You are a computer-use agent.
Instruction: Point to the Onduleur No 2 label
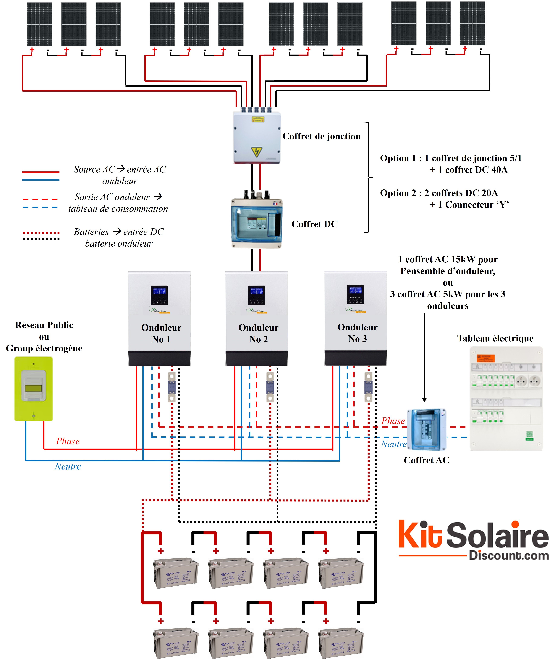(258, 333)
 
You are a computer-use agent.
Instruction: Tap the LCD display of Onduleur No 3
(355, 294)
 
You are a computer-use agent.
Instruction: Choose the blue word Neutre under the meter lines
(68, 466)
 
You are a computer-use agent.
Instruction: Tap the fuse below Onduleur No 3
(368, 387)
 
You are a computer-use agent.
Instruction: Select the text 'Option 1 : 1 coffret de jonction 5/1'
(451, 158)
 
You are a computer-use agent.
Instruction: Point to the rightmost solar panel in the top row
(472, 24)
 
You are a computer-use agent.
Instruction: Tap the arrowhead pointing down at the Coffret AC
(424, 400)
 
